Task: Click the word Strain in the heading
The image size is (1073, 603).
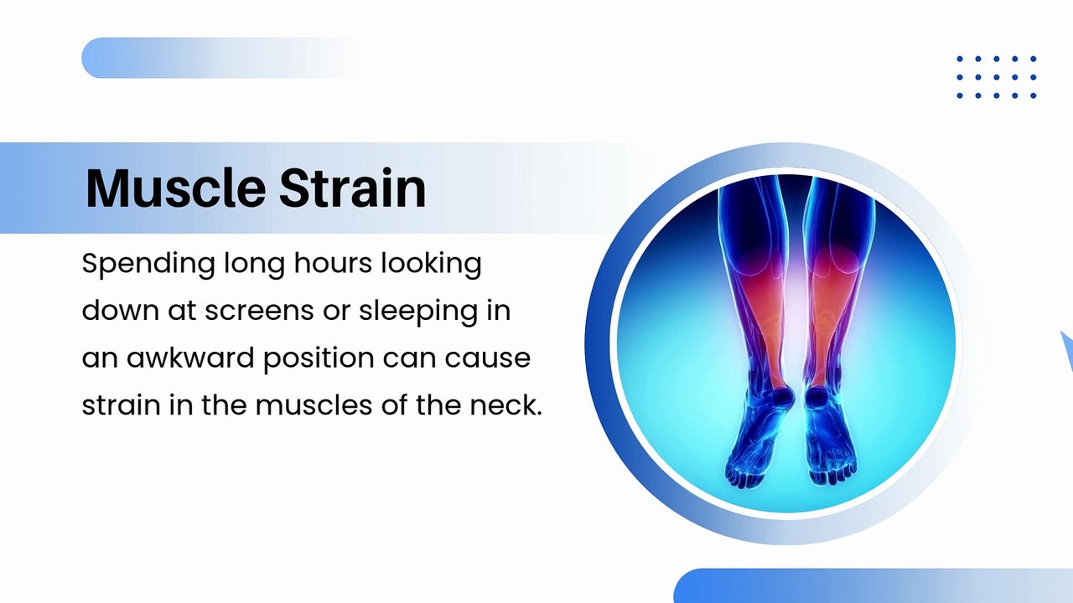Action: coord(352,188)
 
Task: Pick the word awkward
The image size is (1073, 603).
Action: coord(190,358)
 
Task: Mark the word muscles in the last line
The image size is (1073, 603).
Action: coord(321,405)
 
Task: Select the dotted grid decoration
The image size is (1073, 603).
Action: coord(997,77)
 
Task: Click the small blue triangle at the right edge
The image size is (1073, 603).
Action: coord(1066,348)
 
